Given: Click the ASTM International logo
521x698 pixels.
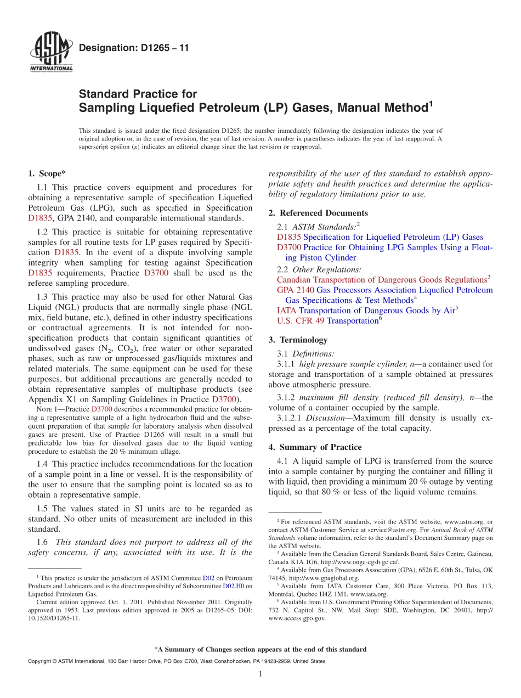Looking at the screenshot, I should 51,53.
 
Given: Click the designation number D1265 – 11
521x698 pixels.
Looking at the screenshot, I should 134,48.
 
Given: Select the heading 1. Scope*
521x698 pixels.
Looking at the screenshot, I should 47,173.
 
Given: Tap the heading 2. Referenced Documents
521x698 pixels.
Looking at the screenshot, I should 319,213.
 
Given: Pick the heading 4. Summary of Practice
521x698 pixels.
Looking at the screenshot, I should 315,447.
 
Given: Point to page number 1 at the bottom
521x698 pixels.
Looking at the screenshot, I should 260,674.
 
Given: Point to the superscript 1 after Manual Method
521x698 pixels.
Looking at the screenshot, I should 431,103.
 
